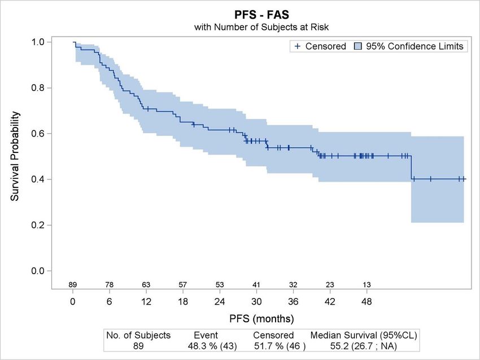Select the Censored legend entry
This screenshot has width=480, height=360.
[x=320, y=46]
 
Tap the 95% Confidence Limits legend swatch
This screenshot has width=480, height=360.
[x=359, y=46]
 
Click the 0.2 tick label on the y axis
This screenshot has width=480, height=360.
[x=40, y=225]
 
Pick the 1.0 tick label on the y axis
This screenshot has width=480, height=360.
[x=40, y=42]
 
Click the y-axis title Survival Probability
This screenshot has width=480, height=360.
[x=16, y=156]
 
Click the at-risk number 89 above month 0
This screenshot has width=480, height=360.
[x=73, y=285]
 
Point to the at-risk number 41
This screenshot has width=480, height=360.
[x=256, y=285]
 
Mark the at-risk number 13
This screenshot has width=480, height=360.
[x=366, y=285]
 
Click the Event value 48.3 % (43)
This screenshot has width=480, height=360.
[x=213, y=345]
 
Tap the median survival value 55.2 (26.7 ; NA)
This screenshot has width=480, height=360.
[x=364, y=345]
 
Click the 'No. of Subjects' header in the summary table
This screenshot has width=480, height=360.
[x=138, y=335]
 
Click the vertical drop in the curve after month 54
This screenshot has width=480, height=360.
[x=411, y=168]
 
